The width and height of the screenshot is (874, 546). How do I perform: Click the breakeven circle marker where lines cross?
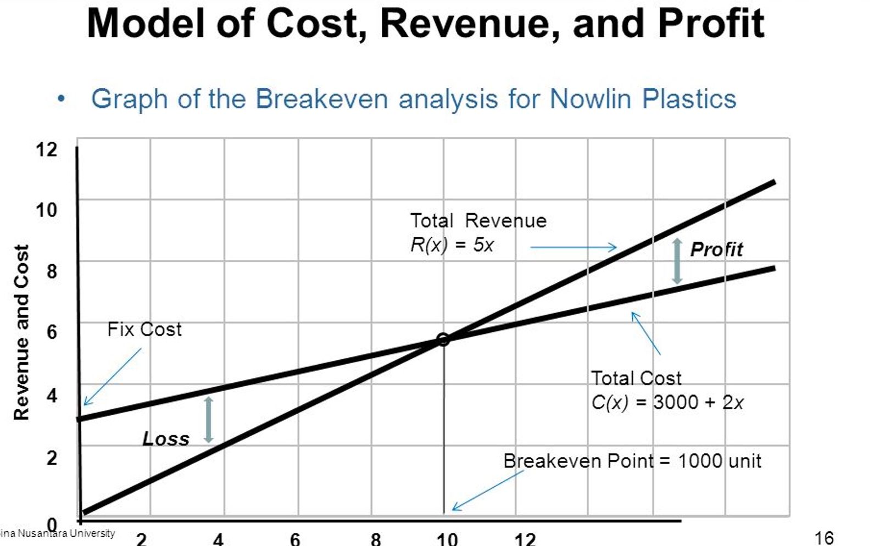(x=443, y=339)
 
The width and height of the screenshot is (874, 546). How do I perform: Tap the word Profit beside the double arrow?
(x=716, y=249)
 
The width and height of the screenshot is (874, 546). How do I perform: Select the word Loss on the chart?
(x=165, y=439)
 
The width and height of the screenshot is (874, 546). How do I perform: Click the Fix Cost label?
(x=144, y=330)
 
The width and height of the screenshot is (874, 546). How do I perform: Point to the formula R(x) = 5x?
(x=452, y=245)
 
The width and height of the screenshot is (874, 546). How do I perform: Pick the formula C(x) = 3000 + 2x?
(x=667, y=403)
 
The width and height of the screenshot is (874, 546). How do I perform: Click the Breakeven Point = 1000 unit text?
(x=632, y=461)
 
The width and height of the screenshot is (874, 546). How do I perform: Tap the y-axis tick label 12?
(x=46, y=149)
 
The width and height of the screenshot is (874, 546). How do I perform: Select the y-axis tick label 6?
(x=51, y=332)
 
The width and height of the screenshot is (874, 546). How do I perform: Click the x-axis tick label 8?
(x=376, y=539)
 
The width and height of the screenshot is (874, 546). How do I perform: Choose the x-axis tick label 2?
(x=141, y=539)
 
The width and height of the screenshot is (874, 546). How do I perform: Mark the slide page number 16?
(x=824, y=538)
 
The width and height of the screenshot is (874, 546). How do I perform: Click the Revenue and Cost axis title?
(x=21, y=332)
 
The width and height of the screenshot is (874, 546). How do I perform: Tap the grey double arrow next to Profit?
(x=677, y=261)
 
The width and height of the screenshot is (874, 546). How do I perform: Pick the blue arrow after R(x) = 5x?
(x=574, y=248)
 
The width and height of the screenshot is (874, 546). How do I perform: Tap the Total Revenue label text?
(x=478, y=221)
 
